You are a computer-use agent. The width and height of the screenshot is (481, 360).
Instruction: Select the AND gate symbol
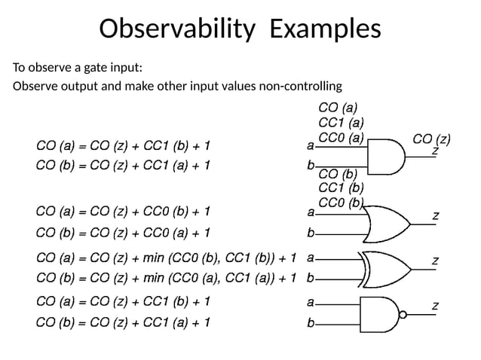point(384,155)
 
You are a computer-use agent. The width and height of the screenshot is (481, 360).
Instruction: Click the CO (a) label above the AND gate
point(339,108)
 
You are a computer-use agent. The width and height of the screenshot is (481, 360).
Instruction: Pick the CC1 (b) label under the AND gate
point(342,188)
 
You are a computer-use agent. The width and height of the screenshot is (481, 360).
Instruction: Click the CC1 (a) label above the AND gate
point(342,122)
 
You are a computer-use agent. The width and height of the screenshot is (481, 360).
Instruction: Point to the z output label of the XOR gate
point(434,261)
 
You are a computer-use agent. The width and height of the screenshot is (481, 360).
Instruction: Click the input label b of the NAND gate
point(311,324)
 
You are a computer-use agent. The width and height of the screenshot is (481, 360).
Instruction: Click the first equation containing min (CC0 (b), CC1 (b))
point(166,258)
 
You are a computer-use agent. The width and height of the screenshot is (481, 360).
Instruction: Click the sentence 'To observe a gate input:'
point(77,68)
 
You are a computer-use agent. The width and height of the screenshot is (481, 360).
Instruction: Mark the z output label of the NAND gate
point(434,305)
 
